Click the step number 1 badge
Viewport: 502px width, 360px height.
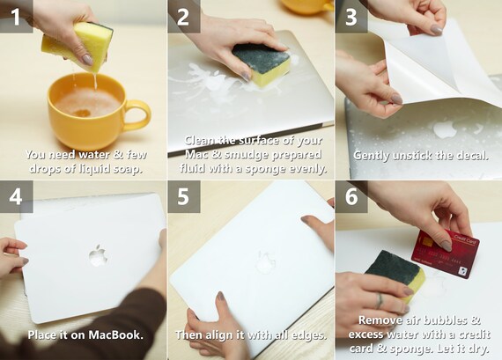(16, 16)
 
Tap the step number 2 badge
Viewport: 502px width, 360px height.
(183, 16)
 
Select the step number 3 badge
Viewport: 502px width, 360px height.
(351, 16)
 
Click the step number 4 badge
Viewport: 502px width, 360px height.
(16, 196)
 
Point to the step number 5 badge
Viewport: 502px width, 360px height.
(183, 196)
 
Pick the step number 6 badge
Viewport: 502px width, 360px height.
(351, 196)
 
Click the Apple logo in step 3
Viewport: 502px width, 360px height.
(445, 129)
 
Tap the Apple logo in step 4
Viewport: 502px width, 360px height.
(98, 256)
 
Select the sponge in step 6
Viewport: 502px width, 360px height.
(395, 274)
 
